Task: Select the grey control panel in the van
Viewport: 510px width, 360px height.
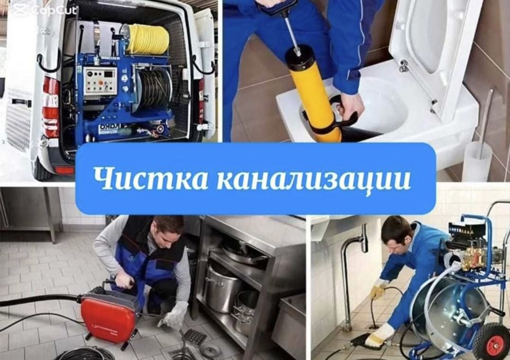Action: tap(101, 81)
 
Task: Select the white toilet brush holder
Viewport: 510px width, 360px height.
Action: tap(476, 162)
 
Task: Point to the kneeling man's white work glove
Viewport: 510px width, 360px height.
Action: tap(175, 314)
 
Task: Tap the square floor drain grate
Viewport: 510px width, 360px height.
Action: tap(195, 336)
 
